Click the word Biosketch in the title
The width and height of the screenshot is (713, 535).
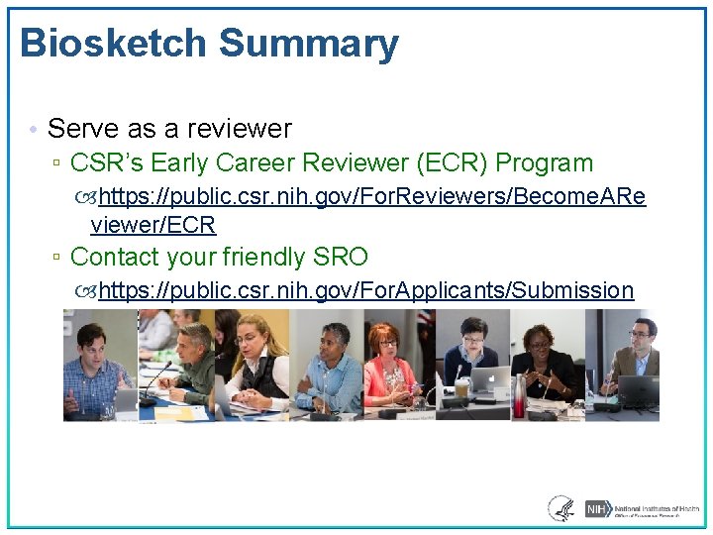pyautogui.click(x=112, y=45)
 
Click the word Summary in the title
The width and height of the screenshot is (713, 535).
pyautogui.click(x=308, y=45)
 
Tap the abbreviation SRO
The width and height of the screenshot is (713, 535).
pyautogui.click(x=340, y=258)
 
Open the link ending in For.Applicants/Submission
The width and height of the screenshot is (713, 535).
pyautogui.click(x=365, y=290)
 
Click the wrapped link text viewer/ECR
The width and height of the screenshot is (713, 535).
pyautogui.click(x=153, y=226)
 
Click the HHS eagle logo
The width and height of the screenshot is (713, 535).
pyautogui.click(x=560, y=508)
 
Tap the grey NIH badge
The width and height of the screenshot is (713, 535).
pyautogui.click(x=596, y=508)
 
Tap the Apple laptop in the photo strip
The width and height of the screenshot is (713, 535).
pyautogui.click(x=489, y=381)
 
